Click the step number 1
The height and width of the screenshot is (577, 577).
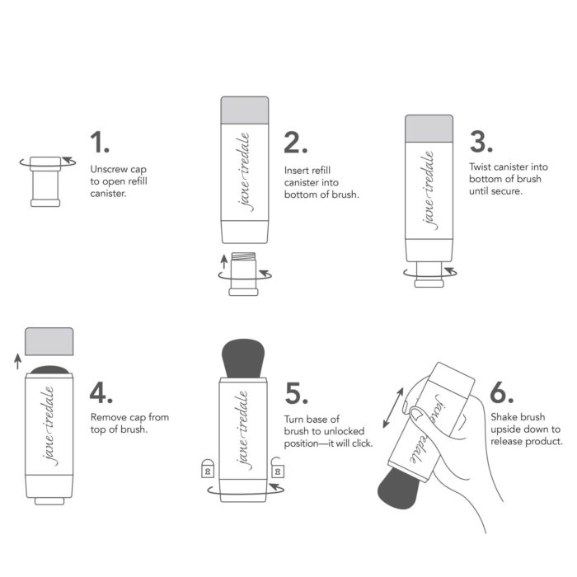(100, 142)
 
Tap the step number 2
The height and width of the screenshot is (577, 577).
(295, 142)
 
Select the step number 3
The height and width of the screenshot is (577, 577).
(481, 142)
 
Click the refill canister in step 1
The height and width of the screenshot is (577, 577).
(45, 181)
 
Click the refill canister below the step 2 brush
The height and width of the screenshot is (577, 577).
(244, 273)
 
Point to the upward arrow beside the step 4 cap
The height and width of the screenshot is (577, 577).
(18, 359)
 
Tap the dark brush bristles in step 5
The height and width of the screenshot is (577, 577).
(244, 351)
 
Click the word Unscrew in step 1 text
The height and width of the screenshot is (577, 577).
(108, 168)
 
